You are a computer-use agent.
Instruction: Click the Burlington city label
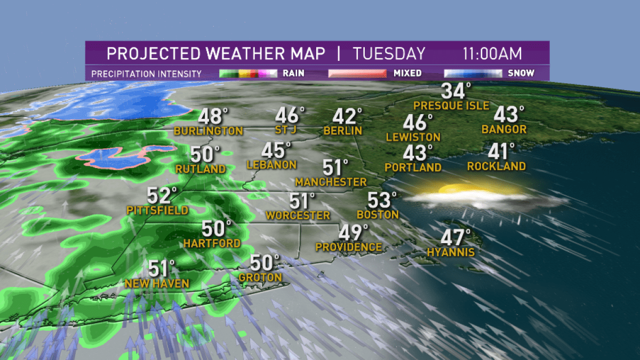point(208,131)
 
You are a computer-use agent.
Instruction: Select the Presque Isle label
point(451,106)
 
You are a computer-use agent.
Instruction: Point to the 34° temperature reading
point(455,91)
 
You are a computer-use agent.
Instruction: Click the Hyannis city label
point(451,252)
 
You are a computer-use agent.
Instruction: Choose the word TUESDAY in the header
point(389,54)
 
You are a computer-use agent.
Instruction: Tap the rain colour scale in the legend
point(248,73)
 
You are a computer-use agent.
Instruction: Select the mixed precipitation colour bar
point(357,73)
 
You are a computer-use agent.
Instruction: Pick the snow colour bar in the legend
point(473,73)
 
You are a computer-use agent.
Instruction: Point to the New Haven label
point(157,284)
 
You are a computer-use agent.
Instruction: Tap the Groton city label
point(260,277)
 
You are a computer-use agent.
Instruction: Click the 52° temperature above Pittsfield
point(162,196)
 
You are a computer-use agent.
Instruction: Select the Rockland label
point(496,166)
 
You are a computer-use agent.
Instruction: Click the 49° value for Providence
point(354,233)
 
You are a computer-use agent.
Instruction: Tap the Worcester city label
point(298,215)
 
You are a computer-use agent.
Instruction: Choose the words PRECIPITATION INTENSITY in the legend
point(146,73)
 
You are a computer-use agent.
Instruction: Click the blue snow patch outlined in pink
point(115,156)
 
